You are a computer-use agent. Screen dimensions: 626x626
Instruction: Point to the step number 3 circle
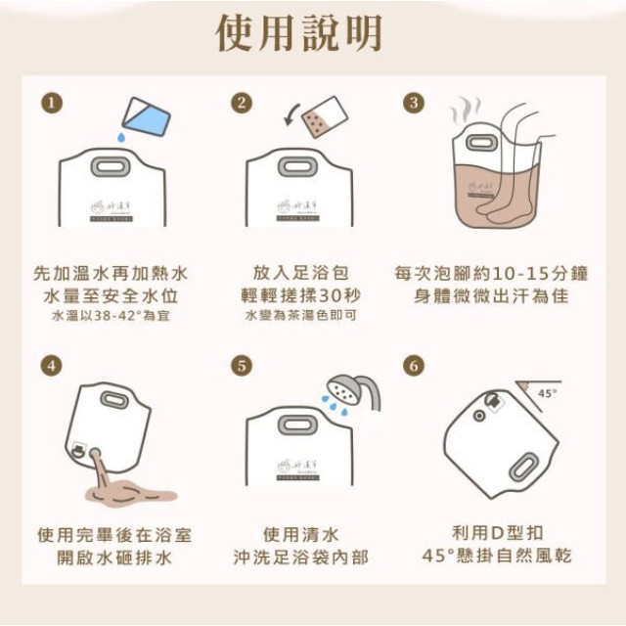click(415, 103)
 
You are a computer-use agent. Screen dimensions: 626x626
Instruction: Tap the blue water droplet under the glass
click(120, 140)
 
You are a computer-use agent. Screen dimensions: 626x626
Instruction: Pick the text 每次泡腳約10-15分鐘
click(480, 273)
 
